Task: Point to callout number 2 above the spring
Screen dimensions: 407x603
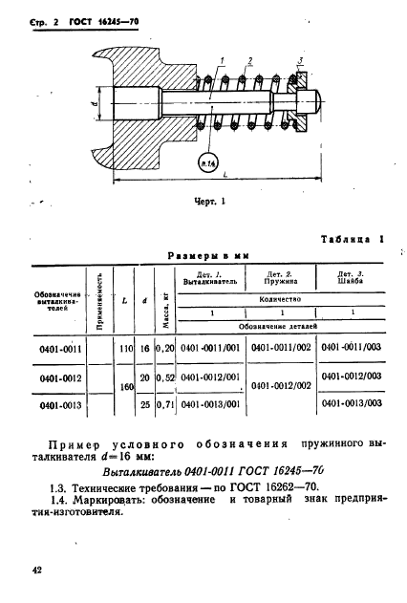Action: (249, 62)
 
